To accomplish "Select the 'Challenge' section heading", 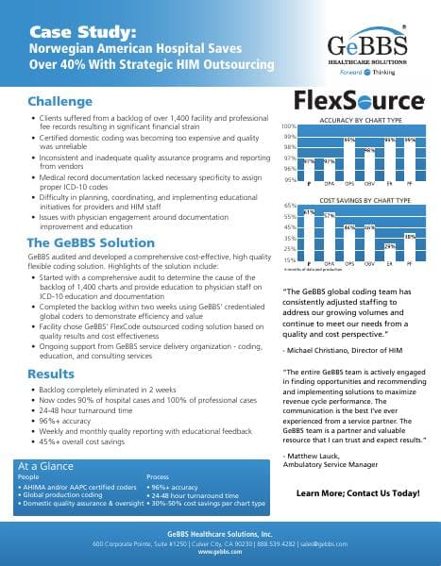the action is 59,101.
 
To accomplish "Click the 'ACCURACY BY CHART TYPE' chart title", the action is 361,122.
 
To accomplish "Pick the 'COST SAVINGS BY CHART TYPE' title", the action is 365,201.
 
